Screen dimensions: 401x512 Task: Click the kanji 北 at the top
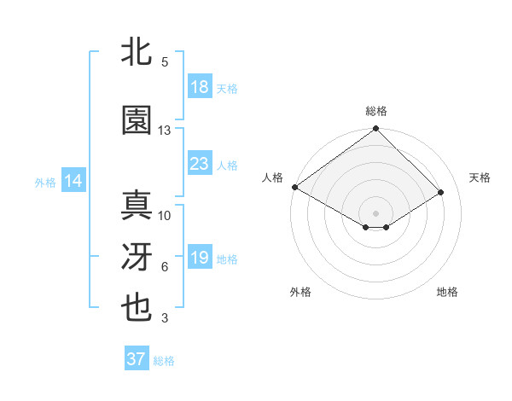pos(137,53)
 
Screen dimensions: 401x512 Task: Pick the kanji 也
pos(137,308)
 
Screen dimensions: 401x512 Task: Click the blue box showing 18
pos(200,87)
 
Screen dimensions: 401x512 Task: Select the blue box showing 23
pos(200,164)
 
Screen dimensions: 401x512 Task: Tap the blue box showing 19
pos(200,258)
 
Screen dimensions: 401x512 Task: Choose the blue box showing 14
pos(73,181)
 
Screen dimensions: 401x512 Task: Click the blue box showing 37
pos(137,359)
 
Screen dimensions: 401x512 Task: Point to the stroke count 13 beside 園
pos(165,131)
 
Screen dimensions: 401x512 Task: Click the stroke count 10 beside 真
pos(165,216)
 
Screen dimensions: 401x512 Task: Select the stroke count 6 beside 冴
pos(165,267)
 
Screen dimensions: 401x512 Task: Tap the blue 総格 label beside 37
pos(164,361)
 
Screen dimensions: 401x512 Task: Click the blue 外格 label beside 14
pos(45,182)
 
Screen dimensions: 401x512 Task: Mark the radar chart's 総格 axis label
pos(376,111)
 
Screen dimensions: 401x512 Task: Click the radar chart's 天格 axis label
pos(480,177)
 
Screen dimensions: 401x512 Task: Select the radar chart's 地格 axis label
pos(447,292)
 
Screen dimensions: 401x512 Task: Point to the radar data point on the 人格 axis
pos(295,187)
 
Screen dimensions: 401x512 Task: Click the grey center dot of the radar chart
pos(376,212)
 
